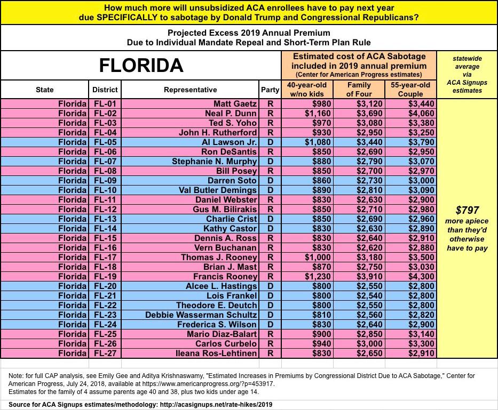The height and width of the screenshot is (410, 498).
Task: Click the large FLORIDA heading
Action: click(x=141, y=66)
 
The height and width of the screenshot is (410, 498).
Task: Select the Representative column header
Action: click(x=190, y=90)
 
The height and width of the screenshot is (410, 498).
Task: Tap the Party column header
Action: click(x=270, y=90)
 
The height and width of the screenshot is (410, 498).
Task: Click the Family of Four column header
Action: click(x=359, y=90)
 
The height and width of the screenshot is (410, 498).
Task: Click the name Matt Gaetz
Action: click(x=235, y=104)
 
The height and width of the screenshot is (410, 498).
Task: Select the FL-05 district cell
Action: click(x=105, y=142)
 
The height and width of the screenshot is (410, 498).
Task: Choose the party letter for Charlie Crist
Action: click(x=270, y=219)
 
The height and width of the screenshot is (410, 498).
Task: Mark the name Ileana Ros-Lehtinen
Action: click(x=218, y=353)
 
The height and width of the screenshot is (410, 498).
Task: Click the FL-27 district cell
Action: click(x=105, y=353)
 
